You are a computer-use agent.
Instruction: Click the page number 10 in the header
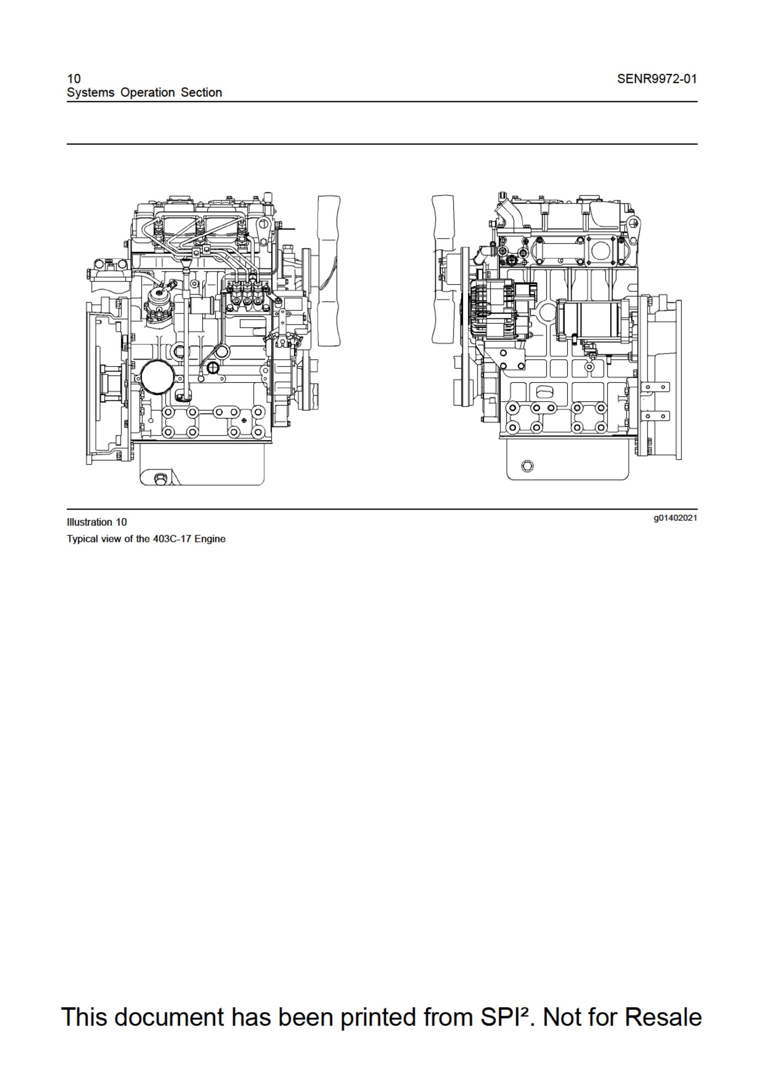74,78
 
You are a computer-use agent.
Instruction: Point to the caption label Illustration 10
97,522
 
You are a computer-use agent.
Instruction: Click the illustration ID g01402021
675,518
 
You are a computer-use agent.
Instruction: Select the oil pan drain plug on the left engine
159,479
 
